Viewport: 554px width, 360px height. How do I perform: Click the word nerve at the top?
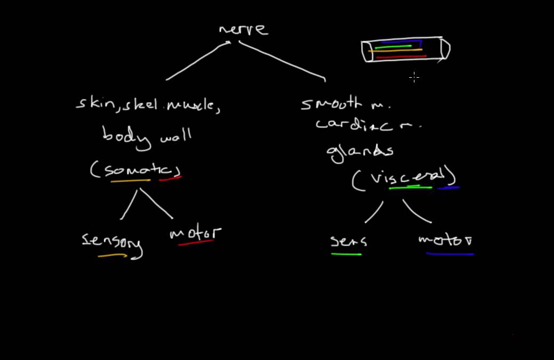coord(243,29)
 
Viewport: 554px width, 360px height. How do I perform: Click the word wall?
coord(175,137)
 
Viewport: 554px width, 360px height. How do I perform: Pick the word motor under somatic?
coord(195,233)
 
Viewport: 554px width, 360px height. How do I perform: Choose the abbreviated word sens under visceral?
coord(348,241)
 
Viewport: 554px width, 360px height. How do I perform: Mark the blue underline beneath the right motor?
coord(450,254)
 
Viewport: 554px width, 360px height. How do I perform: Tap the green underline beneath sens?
coord(346,254)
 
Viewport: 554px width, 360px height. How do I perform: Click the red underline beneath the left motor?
coord(195,243)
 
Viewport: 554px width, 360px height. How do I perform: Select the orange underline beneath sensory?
coord(112,256)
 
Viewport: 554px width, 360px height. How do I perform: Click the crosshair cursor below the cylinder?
coord(414,78)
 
